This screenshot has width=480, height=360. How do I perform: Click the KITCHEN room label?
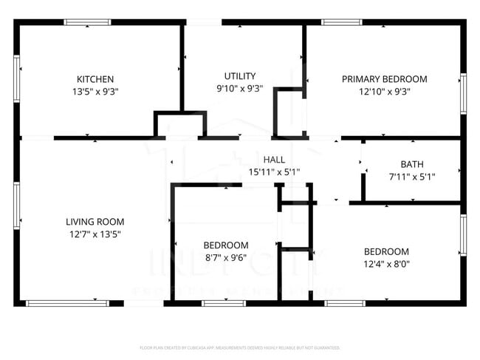[95, 79]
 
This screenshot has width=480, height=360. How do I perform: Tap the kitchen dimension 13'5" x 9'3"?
[95, 92]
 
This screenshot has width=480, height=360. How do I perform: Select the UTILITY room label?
[240, 75]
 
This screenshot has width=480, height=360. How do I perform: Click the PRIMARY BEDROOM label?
[384, 79]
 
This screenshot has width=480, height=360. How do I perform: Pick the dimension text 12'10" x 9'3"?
[384, 92]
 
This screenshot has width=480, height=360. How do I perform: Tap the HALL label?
[274, 159]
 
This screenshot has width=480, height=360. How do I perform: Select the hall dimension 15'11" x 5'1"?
[274, 172]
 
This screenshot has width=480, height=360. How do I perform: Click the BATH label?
[412, 164]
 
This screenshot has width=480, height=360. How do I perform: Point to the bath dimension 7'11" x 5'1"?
[412, 177]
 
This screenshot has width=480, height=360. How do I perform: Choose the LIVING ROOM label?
[95, 221]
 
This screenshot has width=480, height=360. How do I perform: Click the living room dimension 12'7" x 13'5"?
[95, 234]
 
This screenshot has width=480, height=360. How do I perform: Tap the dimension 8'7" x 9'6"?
[226, 259]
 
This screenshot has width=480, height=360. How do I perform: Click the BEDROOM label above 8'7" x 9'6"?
[226, 245]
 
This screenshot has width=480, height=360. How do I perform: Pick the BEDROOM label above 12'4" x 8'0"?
[386, 251]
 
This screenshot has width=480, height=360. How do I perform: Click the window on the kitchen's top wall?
[87, 23]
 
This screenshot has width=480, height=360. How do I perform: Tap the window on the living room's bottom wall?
[67, 303]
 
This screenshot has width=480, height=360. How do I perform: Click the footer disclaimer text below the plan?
[240, 347]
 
